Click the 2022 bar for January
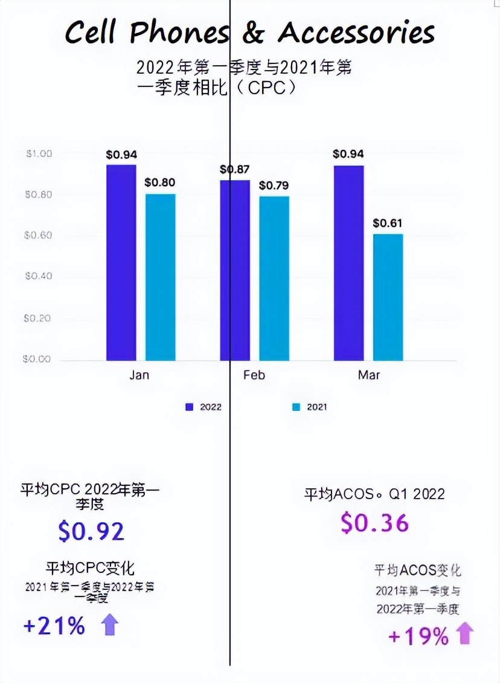coord(121,262)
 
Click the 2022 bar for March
coord(348,262)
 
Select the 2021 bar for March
coord(388,297)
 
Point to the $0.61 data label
coord(387,224)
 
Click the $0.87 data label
coord(235,170)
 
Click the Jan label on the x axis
coord(139,375)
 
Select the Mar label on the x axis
coord(368,375)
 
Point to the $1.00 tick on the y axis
coord(38,154)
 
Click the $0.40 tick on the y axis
coord(38,276)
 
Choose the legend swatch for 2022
coord(189,407)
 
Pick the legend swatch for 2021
coord(295,407)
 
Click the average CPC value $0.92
coord(91,531)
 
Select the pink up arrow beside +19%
coord(465,635)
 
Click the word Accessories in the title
coord(356,33)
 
